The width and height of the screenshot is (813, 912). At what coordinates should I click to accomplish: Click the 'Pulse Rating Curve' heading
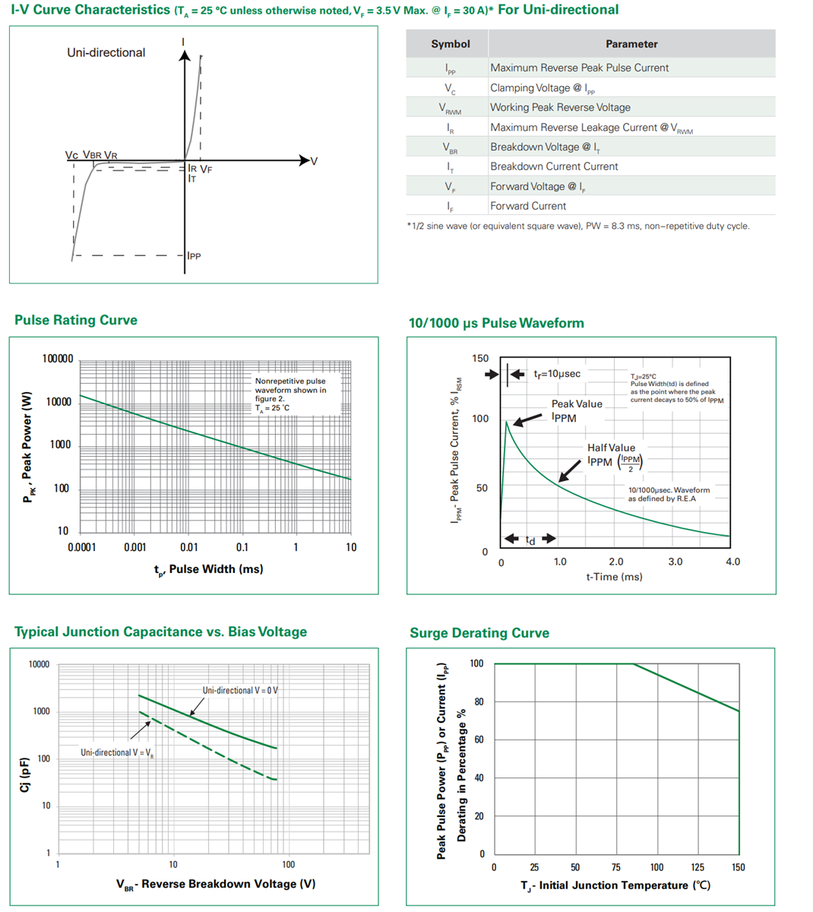(x=76, y=320)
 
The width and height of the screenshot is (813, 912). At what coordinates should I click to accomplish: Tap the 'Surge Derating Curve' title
(x=479, y=633)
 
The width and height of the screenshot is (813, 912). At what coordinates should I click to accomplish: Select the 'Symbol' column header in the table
(x=450, y=44)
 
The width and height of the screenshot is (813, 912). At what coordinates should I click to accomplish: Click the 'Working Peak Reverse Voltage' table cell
(x=560, y=107)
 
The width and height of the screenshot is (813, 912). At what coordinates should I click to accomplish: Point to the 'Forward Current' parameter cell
(x=528, y=206)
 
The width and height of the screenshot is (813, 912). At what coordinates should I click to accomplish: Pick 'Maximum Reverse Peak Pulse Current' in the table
(x=579, y=68)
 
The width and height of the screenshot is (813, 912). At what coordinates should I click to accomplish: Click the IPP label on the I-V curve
(x=195, y=256)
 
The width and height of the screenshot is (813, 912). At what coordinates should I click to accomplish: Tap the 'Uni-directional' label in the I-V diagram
(x=106, y=52)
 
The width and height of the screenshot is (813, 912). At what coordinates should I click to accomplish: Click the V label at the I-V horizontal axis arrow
(x=314, y=161)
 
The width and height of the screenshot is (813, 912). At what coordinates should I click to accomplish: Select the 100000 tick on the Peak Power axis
(x=58, y=359)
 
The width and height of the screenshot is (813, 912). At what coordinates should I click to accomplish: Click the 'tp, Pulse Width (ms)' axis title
(x=208, y=569)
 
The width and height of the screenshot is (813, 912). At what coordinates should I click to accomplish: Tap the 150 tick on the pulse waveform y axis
(x=480, y=358)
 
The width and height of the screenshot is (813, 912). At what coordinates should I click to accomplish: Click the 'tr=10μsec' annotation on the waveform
(x=556, y=374)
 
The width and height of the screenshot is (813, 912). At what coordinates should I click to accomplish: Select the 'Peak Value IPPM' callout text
(x=576, y=411)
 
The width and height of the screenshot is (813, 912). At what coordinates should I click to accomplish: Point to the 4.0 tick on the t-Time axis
(x=732, y=562)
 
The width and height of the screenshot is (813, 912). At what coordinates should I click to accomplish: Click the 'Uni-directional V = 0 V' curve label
(x=240, y=690)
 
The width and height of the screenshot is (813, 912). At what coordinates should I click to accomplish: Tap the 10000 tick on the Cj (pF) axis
(x=39, y=664)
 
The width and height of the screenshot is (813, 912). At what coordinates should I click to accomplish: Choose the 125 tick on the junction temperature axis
(x=698, y=867)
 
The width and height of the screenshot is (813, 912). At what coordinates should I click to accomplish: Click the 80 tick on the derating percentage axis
(x=479, y=701)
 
